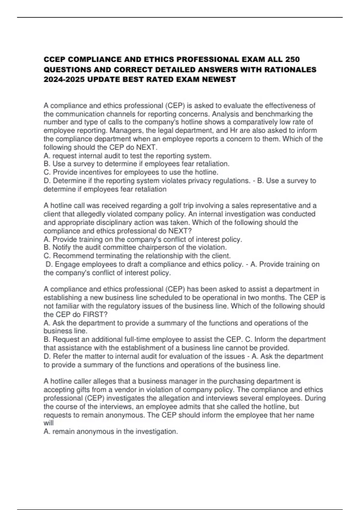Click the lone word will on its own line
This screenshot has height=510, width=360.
pyautogui.click(x=48, y=423)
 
